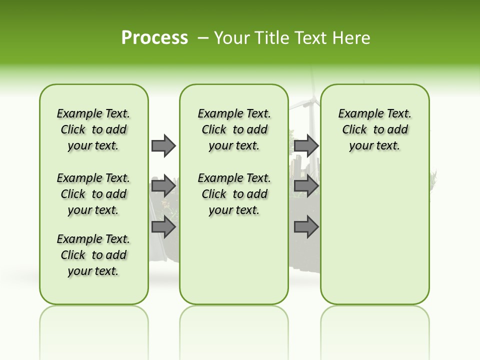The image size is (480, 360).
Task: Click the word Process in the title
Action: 154,38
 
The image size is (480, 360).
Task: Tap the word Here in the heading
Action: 352,38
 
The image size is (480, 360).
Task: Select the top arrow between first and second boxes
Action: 163,145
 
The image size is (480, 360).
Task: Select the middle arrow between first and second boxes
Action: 163,186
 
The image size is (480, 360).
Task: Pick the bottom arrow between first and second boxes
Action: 163,227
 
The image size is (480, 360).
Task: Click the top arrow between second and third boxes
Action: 306,145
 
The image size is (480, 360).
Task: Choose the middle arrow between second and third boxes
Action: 306,186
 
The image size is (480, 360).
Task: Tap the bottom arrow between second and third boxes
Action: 306,227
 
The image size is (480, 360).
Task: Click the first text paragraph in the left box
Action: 93,129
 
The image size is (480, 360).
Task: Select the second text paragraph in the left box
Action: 93,194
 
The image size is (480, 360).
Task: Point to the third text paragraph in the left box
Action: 93,255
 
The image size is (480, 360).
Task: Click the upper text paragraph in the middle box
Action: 234,129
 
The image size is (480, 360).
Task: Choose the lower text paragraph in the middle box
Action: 234,194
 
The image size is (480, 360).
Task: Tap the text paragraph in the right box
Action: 374,129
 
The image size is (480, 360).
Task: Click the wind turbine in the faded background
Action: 310,107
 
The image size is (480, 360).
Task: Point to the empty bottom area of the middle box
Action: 234,265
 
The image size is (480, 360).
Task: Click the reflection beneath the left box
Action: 93,325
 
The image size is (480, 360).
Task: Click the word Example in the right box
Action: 355,114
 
